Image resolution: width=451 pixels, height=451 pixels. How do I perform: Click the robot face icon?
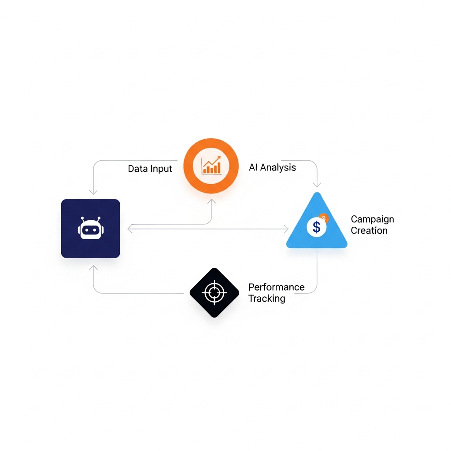[x=91, y=228]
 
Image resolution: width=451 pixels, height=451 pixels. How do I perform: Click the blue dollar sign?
[x=316, y=227]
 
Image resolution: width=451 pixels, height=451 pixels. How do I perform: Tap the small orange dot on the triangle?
[x=323, y=217]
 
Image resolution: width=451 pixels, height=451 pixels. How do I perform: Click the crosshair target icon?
[x=214, y=292]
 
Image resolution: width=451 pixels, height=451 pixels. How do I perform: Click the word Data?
[x=137, y=169]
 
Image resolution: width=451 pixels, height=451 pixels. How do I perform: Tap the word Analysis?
[x=278, y=167]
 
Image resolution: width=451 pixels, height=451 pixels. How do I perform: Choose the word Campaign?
[x=372, y=219]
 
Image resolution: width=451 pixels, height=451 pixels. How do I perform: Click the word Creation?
[x=369, y=231]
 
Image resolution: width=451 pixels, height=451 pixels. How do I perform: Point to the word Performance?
[x=276, y=287]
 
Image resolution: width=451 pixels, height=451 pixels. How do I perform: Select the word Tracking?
[x=266, y=299]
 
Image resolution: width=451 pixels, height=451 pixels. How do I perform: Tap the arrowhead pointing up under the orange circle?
[x=211, y=201]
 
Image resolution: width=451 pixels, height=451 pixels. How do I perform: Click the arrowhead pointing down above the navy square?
[x=93, y=192]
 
